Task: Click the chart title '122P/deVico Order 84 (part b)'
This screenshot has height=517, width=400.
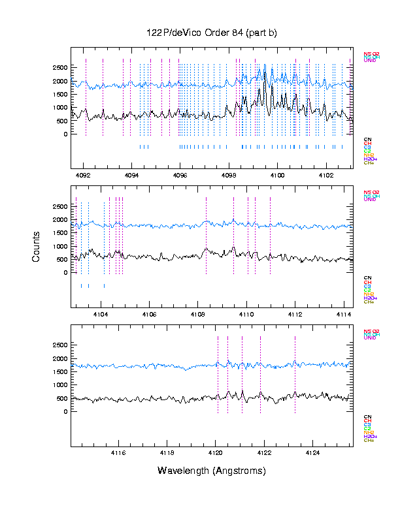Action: pyautogui.click(x=211, y=33)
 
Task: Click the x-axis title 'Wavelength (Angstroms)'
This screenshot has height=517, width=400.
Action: pyautogui.click(x=211, y=471)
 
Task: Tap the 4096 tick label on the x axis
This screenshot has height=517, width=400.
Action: pyautogui.click(x=180, y=176)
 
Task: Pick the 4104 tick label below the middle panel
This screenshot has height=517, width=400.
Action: pyautogui.click(x=101, y=314)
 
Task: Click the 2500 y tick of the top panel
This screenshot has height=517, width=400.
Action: pyautogui.click(x=59, y=67)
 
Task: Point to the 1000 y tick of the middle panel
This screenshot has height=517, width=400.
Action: pyautogui.click(x=59, y=246)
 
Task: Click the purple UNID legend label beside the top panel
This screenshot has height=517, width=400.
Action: pyautogui.click(x=370, y=61)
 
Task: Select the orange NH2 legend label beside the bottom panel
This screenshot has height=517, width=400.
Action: pyautogui.click(x=369, y=431)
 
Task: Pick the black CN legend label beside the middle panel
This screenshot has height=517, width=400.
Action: pyautogui.click(x=367, y=277)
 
